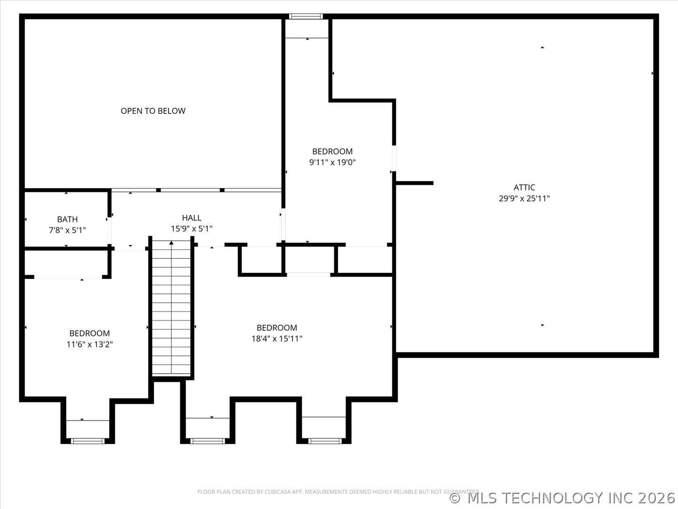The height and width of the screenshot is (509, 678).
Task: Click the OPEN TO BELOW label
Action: pos(153,111)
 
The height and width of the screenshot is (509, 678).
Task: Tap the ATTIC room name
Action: pos(524,187)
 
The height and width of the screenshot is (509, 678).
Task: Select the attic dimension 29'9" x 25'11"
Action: pos(524,198)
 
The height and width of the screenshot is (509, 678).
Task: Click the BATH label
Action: pos(67,219)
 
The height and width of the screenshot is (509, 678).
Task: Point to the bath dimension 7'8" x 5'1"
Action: pos(67,230)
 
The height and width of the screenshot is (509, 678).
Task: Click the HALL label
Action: pos(192,218)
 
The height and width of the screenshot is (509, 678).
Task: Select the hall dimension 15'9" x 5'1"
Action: pos(192,229)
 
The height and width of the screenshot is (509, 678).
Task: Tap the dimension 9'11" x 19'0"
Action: pos(332,162)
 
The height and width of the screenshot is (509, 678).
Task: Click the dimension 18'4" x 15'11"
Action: pos(277,338)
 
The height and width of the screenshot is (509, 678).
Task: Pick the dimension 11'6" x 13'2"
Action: pos(89,344)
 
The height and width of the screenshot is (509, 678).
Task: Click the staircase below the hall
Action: pos(171,311)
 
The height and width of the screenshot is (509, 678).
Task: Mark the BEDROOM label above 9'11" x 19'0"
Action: pos(332,151)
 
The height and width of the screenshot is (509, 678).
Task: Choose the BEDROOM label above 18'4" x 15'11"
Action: pos(277,328)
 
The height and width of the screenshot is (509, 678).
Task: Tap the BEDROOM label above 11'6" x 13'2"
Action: pos(89,333)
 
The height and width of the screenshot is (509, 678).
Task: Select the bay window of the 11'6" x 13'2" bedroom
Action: pos(88,441)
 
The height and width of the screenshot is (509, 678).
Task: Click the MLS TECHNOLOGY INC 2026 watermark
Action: pos(563,498)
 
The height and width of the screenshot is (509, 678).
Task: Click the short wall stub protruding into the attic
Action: pos(414,183)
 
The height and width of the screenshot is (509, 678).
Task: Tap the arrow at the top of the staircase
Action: pos(171,243)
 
